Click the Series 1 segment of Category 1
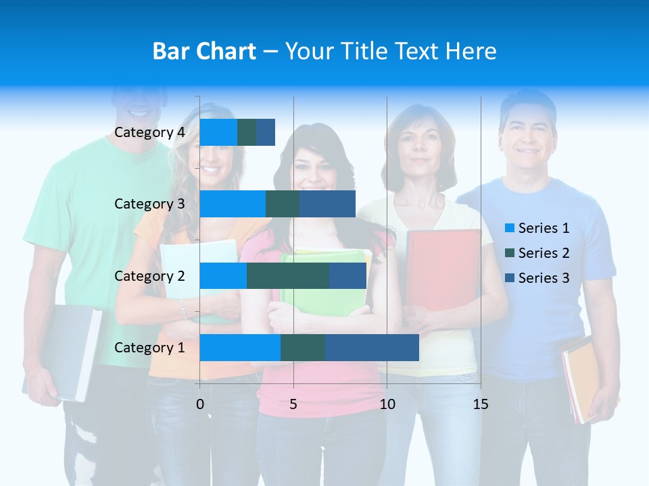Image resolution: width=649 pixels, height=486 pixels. (240, 348)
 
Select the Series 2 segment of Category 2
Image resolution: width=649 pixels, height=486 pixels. (288, 276)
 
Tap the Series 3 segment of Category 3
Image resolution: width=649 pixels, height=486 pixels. (327, 204)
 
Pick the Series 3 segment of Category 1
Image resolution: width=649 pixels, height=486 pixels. (372, 348)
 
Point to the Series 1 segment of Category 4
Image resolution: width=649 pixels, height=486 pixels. (218, 132)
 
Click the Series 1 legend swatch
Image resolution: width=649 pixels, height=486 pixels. (509, 228)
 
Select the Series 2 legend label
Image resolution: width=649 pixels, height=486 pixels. (544, 253)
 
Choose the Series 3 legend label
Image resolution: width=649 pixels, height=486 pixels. (544, 278)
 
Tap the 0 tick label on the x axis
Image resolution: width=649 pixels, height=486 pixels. (200, 404)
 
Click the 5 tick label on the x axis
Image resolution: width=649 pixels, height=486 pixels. (293, 404)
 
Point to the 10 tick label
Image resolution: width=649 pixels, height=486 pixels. (387, 404)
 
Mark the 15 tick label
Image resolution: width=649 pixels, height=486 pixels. (480, 404)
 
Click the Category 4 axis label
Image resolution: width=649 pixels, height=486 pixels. (149, 132)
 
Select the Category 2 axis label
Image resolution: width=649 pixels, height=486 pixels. (149, 276)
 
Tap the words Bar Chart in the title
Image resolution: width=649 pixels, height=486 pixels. (204, 51)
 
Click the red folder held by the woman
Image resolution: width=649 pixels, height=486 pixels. (443, 270)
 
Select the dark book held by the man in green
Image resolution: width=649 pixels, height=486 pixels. (74, 351)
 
